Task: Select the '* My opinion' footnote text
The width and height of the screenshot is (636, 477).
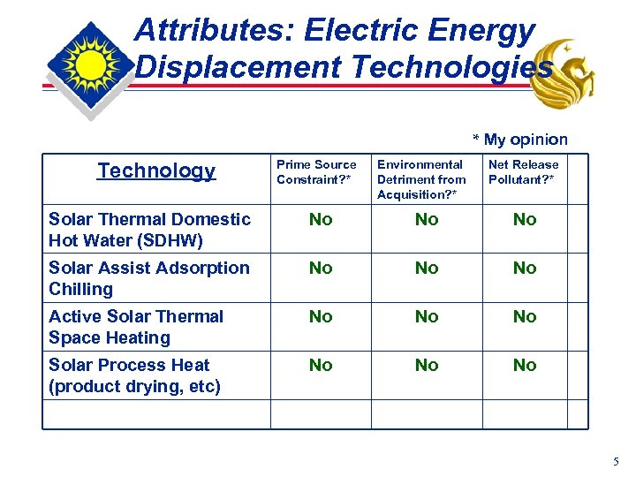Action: [520, 140]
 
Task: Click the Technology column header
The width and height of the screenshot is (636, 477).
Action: [156, 170]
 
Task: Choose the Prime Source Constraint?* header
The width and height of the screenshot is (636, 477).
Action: [316, 171]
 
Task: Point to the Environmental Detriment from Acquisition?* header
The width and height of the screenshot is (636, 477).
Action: [421, 178]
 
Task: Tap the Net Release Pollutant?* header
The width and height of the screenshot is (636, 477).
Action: [524, 171]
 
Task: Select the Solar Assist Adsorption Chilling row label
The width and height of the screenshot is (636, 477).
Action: [149, 278]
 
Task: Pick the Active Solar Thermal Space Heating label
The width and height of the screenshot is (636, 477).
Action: [136, 327]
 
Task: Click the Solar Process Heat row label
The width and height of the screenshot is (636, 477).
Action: [134, 375]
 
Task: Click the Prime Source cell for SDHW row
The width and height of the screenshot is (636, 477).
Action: [321, 220]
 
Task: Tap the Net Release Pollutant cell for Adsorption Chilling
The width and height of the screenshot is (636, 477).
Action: [525, 269]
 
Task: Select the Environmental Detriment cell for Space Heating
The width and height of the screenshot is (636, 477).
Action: [427, 317]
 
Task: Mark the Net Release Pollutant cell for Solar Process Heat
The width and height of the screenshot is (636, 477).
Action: [525, 366]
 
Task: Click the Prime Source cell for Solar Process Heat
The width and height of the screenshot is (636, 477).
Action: [321, 366]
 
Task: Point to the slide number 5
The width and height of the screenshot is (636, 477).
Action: [616, 460]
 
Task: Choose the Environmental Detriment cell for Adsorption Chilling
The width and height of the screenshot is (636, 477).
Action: [427, 269]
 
